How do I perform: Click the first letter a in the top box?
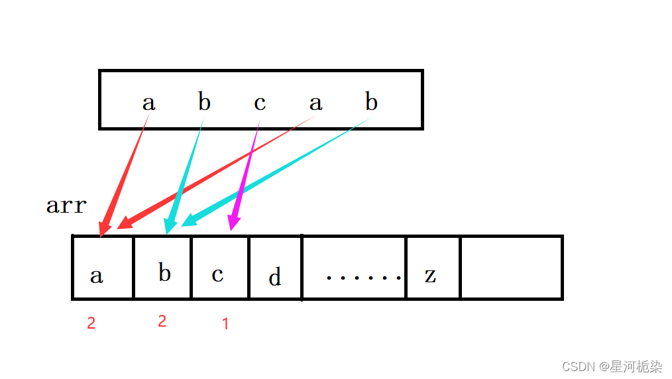pos(148,103)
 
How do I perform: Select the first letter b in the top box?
pos(204,102)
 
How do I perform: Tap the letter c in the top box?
pos(260,103)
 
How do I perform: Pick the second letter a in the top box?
pos(315,103)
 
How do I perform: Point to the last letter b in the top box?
pos(371,102)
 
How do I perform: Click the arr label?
pos(66,205)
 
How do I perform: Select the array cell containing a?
pos(103,267)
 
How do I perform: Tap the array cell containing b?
pos(163,267)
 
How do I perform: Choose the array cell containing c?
pos(220,267)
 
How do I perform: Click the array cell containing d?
pos(275,267)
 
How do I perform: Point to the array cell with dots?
pos(354,267)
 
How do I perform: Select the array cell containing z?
pos(433,267)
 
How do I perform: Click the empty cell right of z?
pos(511,267)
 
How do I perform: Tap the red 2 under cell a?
pos(91,323)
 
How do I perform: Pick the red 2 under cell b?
pos(162,321)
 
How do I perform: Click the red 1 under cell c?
pos(225,324)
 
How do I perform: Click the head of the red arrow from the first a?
pos(103,227)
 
